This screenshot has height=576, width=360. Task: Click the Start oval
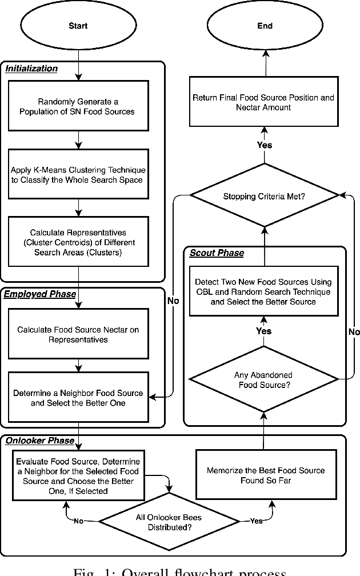[78, 26]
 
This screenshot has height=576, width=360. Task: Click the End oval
[265, 26]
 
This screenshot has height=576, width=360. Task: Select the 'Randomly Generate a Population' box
[78, 106]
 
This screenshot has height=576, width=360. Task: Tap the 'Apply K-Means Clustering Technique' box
[78, 175]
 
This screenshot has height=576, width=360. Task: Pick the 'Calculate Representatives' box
[78, 242]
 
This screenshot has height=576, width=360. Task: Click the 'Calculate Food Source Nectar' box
[78, 334]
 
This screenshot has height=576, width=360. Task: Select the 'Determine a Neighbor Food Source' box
[78, 398]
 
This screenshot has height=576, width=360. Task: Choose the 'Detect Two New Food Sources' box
[263, 291]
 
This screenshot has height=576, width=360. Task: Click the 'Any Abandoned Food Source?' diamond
[263, 379]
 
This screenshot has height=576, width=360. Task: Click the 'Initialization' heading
[32, 69]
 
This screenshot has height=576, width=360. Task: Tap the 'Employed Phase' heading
[40, 294]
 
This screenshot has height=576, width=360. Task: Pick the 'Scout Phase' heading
[217, 253]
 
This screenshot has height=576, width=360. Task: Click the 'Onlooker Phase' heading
[40, 441]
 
